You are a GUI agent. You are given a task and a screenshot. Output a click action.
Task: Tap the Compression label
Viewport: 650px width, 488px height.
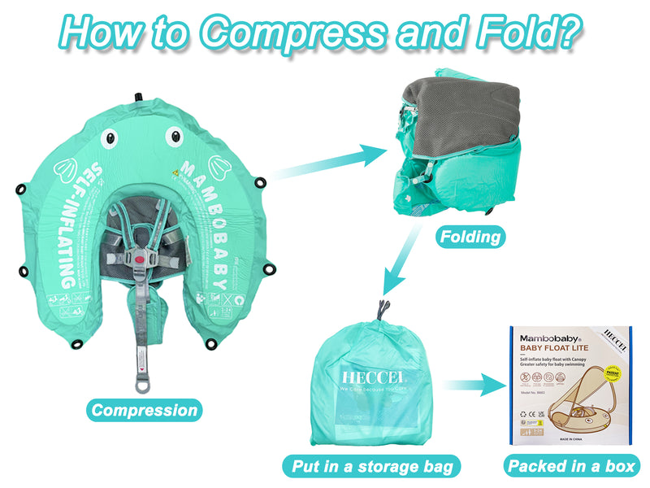point(144,410)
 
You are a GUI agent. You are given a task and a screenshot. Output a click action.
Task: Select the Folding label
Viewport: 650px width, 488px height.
point(470,237)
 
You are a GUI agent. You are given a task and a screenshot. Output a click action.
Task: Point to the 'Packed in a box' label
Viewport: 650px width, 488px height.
point(571,466)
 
